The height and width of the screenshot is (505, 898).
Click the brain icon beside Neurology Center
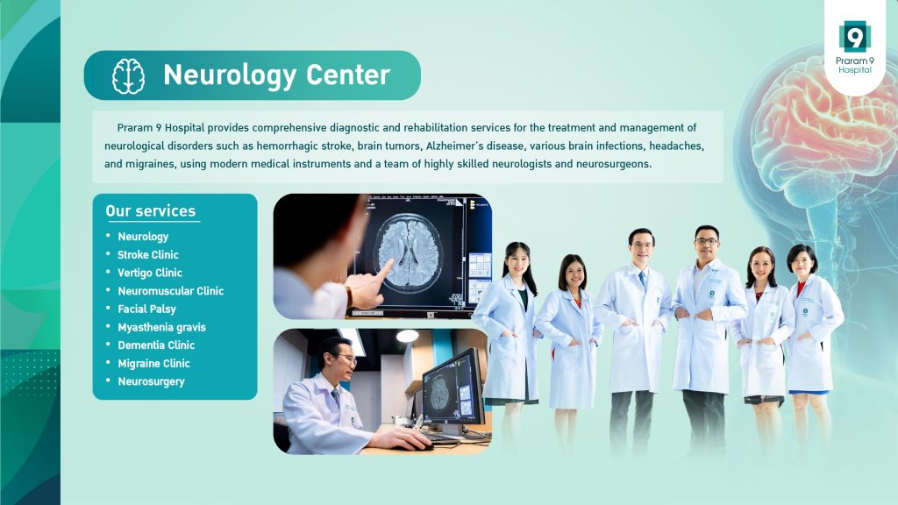(x=128, y=76)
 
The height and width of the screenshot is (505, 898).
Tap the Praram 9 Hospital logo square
(x=854, y=37)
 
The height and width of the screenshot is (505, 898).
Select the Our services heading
(x=151, y=210)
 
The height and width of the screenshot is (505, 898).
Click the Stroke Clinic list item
(x=147, y=255)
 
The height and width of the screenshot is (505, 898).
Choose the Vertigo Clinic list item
(x=149, y=273)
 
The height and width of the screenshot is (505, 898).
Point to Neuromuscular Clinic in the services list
(x=171, y=291)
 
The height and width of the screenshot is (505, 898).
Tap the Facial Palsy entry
(x=146, y=309)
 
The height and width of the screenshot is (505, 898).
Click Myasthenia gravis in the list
(x=161, y=328)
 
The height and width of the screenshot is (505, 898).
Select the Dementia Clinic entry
(x=156, y=345)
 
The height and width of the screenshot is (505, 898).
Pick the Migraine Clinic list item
(x=153, y=364)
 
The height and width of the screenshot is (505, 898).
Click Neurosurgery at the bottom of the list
(x=151, y=382)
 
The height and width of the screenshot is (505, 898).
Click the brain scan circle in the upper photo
(x=408, y=252)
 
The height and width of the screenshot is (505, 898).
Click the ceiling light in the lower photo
(x=407, y=336)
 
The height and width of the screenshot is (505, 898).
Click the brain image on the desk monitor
(x=439, y=394)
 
